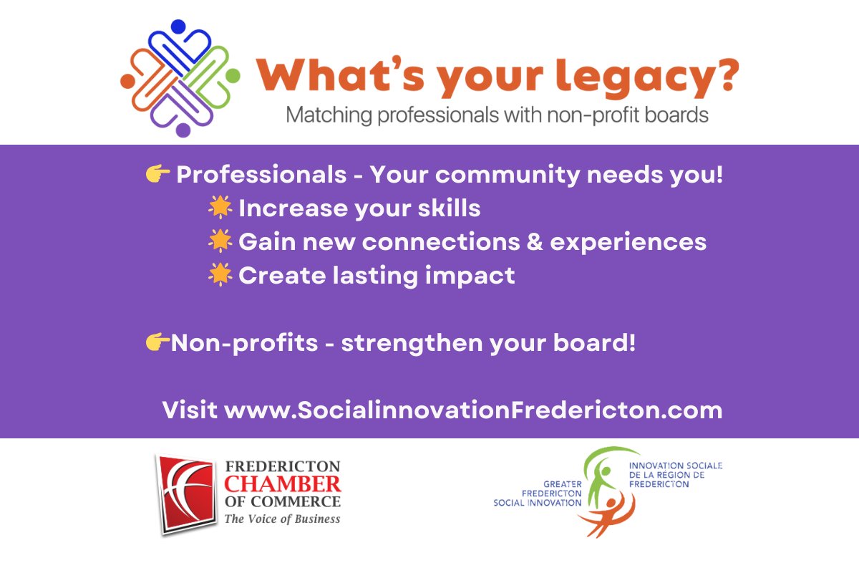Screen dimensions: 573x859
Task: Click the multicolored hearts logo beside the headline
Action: tap(180, 77)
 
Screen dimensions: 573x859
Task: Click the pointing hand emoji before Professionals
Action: tap(157, 173)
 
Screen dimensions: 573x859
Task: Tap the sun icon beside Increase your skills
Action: tap(220, 208)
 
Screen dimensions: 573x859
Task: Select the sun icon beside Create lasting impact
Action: tap(220, 275)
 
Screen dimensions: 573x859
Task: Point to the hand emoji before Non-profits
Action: tap(157, 343)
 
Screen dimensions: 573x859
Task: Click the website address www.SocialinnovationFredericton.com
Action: tap(473, 411)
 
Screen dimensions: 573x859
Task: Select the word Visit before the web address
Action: tap(190, 411)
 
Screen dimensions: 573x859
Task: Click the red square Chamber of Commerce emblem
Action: tap(185, 493)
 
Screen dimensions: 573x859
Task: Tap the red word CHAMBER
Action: tap(283, 483)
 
